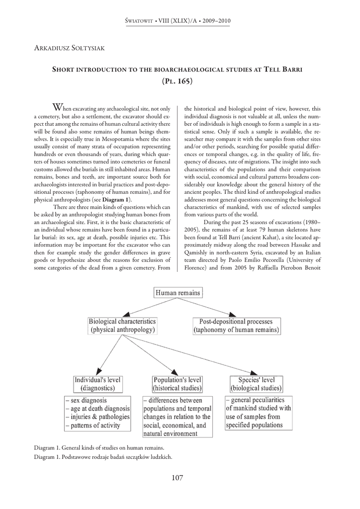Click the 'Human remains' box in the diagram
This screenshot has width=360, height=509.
click(x=178, y=293)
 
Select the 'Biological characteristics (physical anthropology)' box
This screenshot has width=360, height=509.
click(x=122, y=325)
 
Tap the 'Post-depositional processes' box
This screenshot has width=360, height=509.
click(x=236, y=325)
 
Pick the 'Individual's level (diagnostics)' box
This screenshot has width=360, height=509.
click(x=98, y=383)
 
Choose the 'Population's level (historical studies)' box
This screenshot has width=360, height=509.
click(x=177, y=383)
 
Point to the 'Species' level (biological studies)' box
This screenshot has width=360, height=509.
click(x=256, y=383)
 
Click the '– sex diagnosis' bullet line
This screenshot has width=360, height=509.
click(x=87, y=400)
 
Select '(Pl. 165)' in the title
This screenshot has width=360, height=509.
click(x=178, y=81)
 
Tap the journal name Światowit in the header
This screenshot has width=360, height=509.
click(x=141, y=21)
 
